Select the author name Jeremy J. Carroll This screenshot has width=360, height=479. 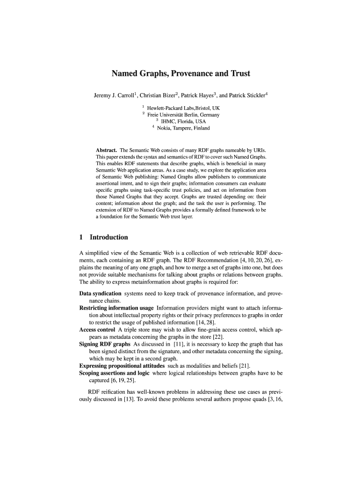point(114,96)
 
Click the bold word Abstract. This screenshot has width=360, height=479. point(107,151)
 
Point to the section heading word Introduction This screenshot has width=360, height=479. point(108,237)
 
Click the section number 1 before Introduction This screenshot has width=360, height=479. point(82,237)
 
